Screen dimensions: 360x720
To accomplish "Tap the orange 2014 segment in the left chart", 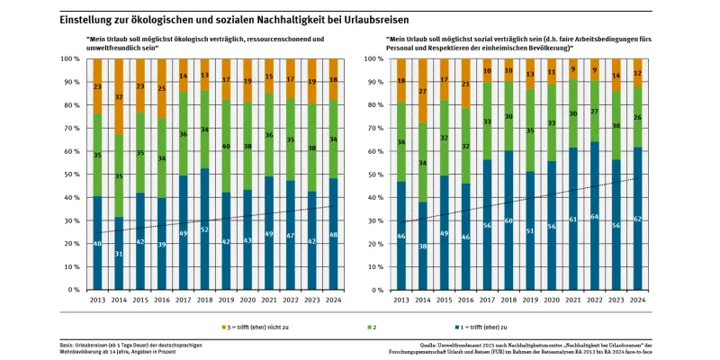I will coord(119,95).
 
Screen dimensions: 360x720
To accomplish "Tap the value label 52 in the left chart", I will coord(204,229).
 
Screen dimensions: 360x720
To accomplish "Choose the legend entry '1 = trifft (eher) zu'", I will coord(487,326).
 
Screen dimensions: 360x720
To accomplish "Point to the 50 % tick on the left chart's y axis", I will coord(72,175).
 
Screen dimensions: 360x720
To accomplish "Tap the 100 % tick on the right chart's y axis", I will coord(378,58).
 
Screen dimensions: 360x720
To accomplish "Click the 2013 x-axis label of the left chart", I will coord(96,301).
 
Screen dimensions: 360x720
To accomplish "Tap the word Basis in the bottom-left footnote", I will coord(67,345).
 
